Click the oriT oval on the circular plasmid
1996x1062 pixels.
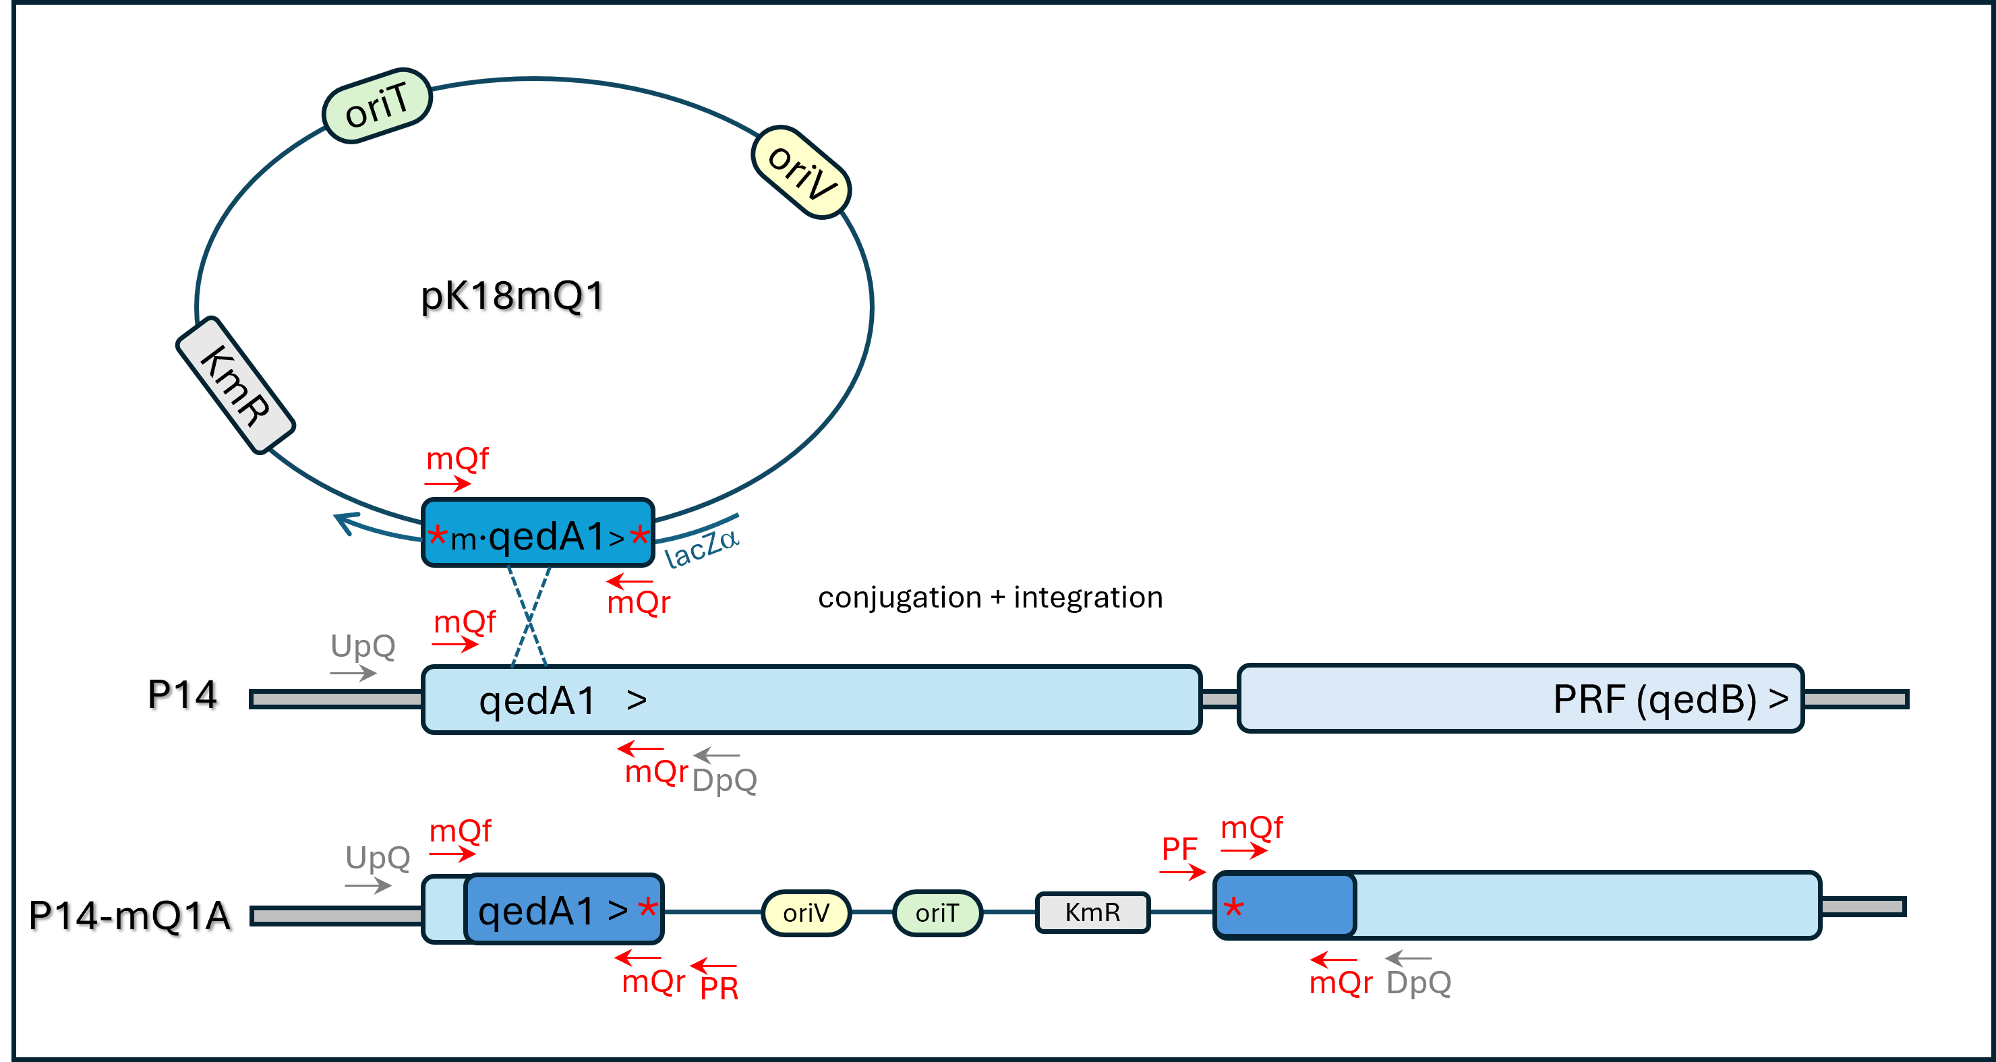tap(376, 105)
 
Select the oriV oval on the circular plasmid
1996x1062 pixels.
tap(801, 172)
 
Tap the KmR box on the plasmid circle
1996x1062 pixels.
tap(235, 385)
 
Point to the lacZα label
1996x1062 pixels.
tap(702, 547)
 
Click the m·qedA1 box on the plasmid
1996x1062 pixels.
tap(537, 533)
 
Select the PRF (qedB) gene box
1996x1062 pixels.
tap(1520, 698)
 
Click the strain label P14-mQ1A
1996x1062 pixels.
tap(130, 915)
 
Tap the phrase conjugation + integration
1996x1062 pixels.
tap(991, 597)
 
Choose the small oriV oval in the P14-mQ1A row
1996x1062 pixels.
tap(806, 912)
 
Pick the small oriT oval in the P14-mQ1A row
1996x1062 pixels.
tap(937, 912)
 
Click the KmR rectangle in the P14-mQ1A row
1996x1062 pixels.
tap(1092, 912)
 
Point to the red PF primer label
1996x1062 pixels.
tap(1179, 849)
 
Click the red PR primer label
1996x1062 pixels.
tap(719, 989)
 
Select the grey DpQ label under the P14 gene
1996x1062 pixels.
tap(724, 780)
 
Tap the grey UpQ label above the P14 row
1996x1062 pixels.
tap(363, 645)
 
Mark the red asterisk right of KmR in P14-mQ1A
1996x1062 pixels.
tap(1233, 908)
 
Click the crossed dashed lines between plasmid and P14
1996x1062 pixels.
tap(529, 618)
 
